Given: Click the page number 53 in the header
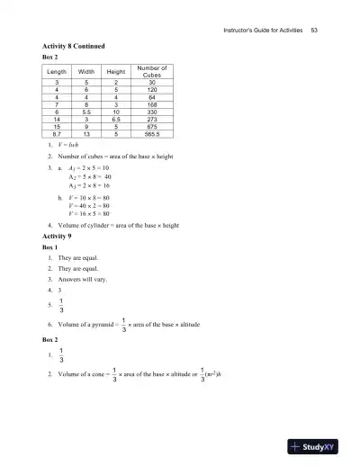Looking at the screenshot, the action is click(x=314, y=31).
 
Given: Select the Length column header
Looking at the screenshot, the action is click(x=56, y=71).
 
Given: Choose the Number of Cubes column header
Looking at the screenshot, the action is click(x=151, y=71).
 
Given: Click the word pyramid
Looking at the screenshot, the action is click(x=104, y=322).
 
